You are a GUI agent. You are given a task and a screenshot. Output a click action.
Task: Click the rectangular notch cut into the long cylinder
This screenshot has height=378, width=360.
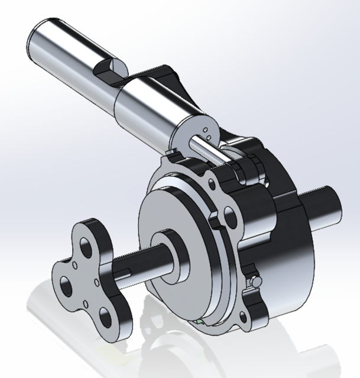[110, 71]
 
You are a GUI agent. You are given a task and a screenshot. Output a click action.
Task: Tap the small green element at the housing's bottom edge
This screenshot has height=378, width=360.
[202, 322]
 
